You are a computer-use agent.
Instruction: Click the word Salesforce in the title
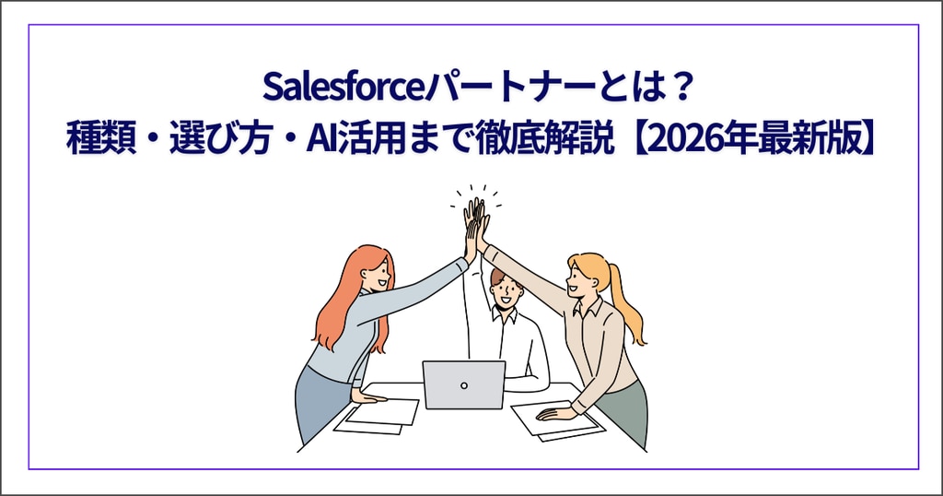tap(343, 88)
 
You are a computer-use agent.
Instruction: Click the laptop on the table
tap(464, 384)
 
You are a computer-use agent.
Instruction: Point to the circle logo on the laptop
tap(464, 385)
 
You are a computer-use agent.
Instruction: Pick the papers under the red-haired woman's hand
tap(378, 416)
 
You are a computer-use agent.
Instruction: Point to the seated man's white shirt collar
tap(504, 314)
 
